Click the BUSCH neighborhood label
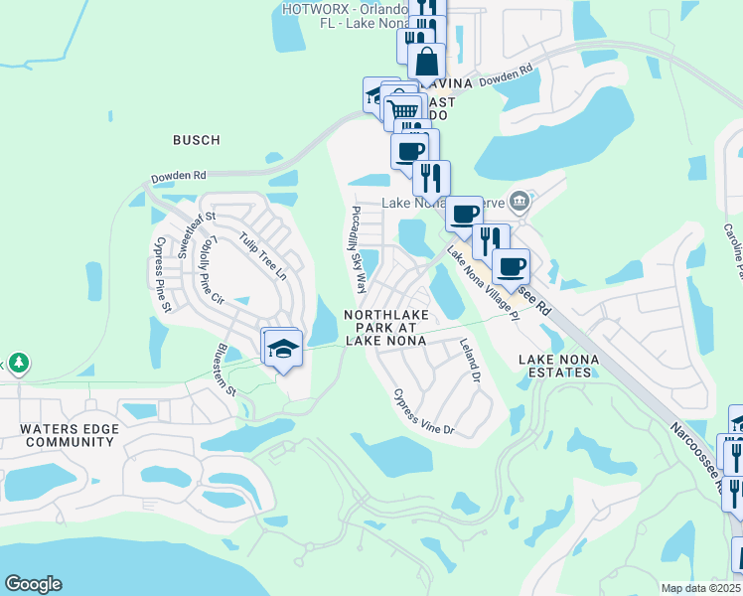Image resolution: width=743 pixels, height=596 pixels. click(x=196, y=140)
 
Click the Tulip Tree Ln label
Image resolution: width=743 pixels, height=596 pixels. click(x=263, y=255)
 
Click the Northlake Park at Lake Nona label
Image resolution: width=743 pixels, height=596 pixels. click(x=385, y=327)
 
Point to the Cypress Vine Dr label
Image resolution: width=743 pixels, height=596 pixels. click(x=423, y=411)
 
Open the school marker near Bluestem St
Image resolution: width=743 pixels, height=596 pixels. click(x=282, y=348)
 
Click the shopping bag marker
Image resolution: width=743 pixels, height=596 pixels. click(x=426, y=61)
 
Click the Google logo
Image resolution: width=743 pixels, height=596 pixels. click(x=33, y=584)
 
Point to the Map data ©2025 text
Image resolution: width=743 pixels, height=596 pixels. click(x=701, y=588)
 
